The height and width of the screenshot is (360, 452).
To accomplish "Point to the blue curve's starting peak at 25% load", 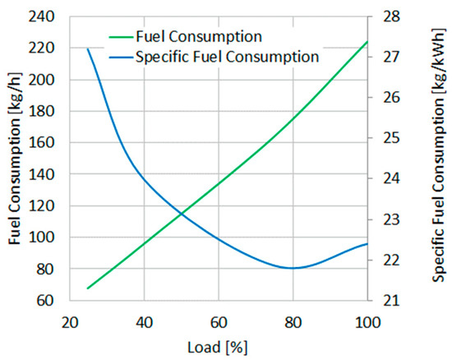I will pos(88,49).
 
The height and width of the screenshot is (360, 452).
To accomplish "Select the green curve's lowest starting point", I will pos(88,288).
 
